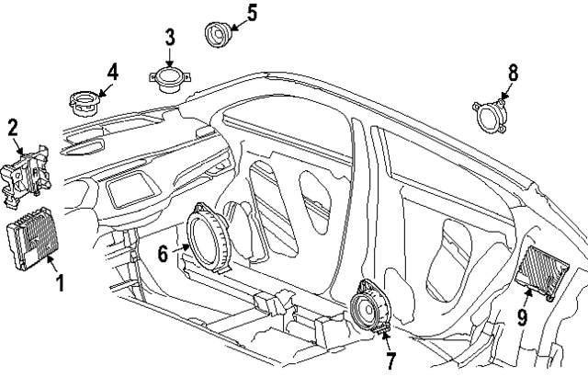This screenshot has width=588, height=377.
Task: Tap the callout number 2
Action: pos(13,127)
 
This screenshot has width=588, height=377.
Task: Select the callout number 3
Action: pos(170,38)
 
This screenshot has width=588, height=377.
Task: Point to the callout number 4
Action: pos(112,71)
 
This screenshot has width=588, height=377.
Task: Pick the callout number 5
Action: pos(252,13)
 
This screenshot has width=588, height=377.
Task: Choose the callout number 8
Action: pos(514,71)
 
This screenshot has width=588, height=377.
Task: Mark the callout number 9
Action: pos(521,318)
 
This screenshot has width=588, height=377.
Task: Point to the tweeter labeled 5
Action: pos(218,35)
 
